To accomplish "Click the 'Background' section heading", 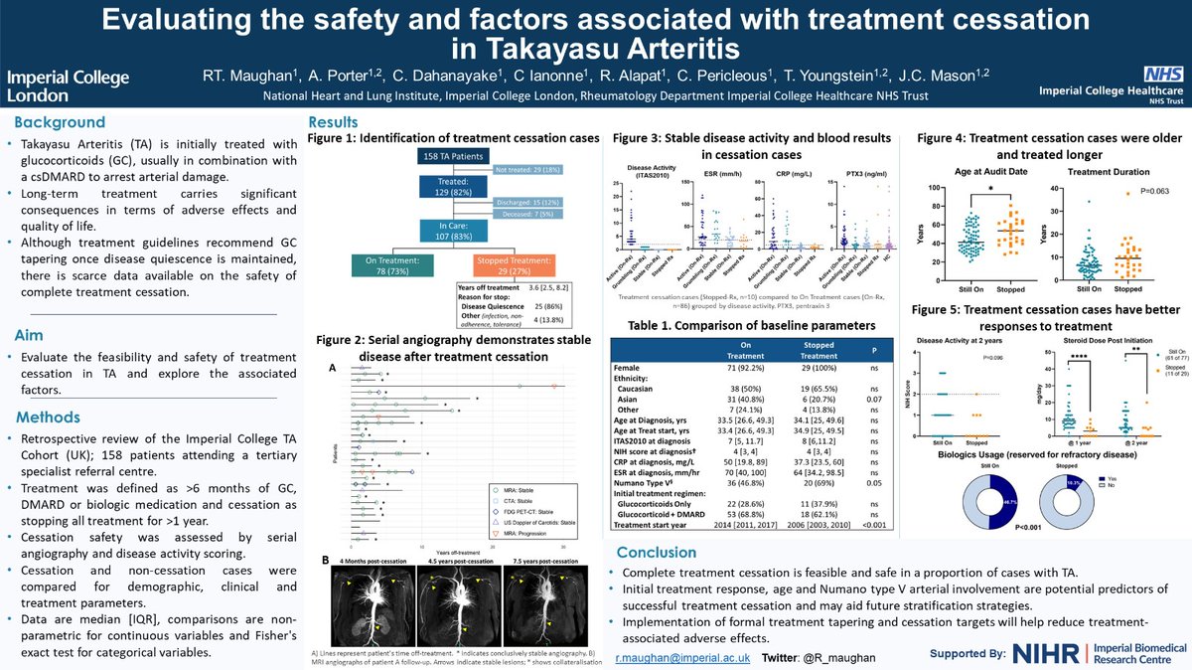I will point(58,122).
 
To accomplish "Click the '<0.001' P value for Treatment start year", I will point(870,526).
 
